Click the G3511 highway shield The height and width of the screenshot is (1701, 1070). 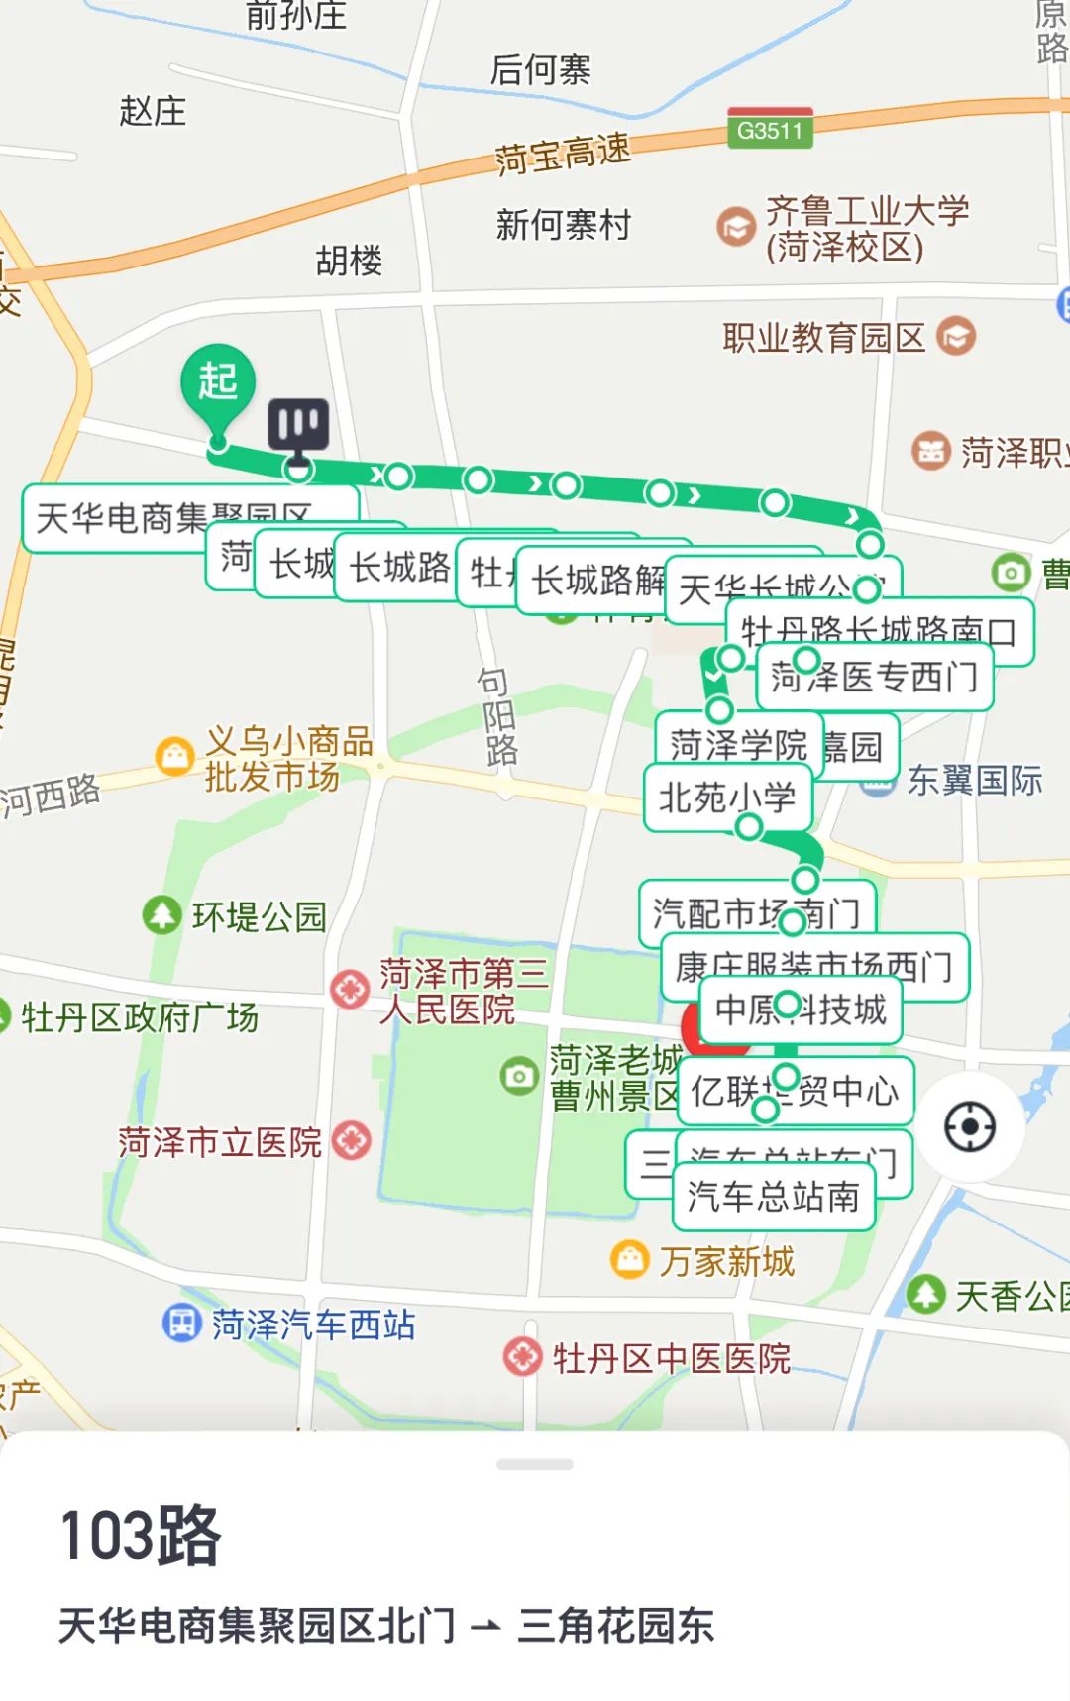coord(770,129)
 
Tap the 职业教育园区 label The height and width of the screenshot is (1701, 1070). coord(823,338)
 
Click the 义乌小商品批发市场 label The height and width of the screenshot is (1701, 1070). coord(287,759)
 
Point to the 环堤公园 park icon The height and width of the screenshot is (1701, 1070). coord(161,915)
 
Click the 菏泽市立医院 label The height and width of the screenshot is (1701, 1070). coord(220,1142)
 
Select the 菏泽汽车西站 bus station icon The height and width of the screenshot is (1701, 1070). coord(181,1323)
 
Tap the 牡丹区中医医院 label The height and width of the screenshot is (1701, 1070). coord(672,1358)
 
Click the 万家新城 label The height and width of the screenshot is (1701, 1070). coord(726,1261)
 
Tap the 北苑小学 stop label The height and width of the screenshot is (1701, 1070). coord(727,797)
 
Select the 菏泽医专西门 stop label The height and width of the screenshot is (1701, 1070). coord(874,678)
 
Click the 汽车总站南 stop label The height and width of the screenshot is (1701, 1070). coord(773,1197)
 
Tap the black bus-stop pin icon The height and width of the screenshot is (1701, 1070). coord(298,426)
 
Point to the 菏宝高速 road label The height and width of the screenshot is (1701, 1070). coord(562,154)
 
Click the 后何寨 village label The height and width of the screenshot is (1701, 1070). coord(540,69)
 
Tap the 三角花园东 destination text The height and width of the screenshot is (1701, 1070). coord(615,1626)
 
